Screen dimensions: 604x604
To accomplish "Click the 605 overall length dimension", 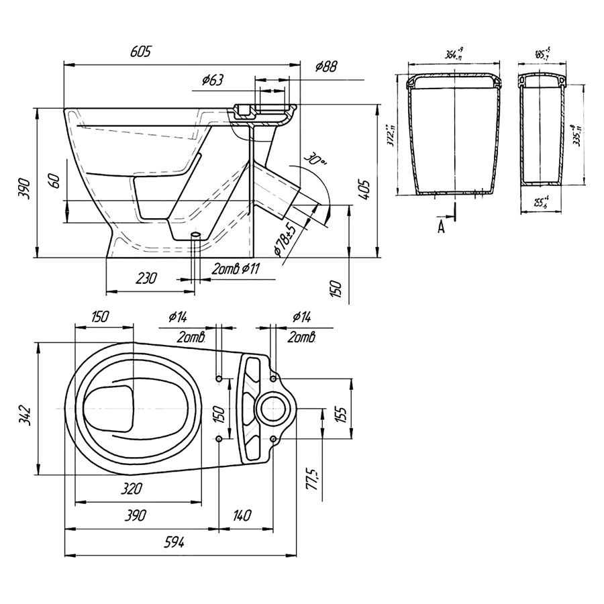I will (x=142, y=52).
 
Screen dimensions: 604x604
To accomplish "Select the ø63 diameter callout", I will (x=212, y=81).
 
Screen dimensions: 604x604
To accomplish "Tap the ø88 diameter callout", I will (x=326, y=66).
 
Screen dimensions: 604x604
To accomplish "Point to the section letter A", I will (x=441, y=227).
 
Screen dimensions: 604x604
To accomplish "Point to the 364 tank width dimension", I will (x=455, y=54).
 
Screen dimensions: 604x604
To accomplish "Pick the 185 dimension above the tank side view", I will (x=542, y=54).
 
